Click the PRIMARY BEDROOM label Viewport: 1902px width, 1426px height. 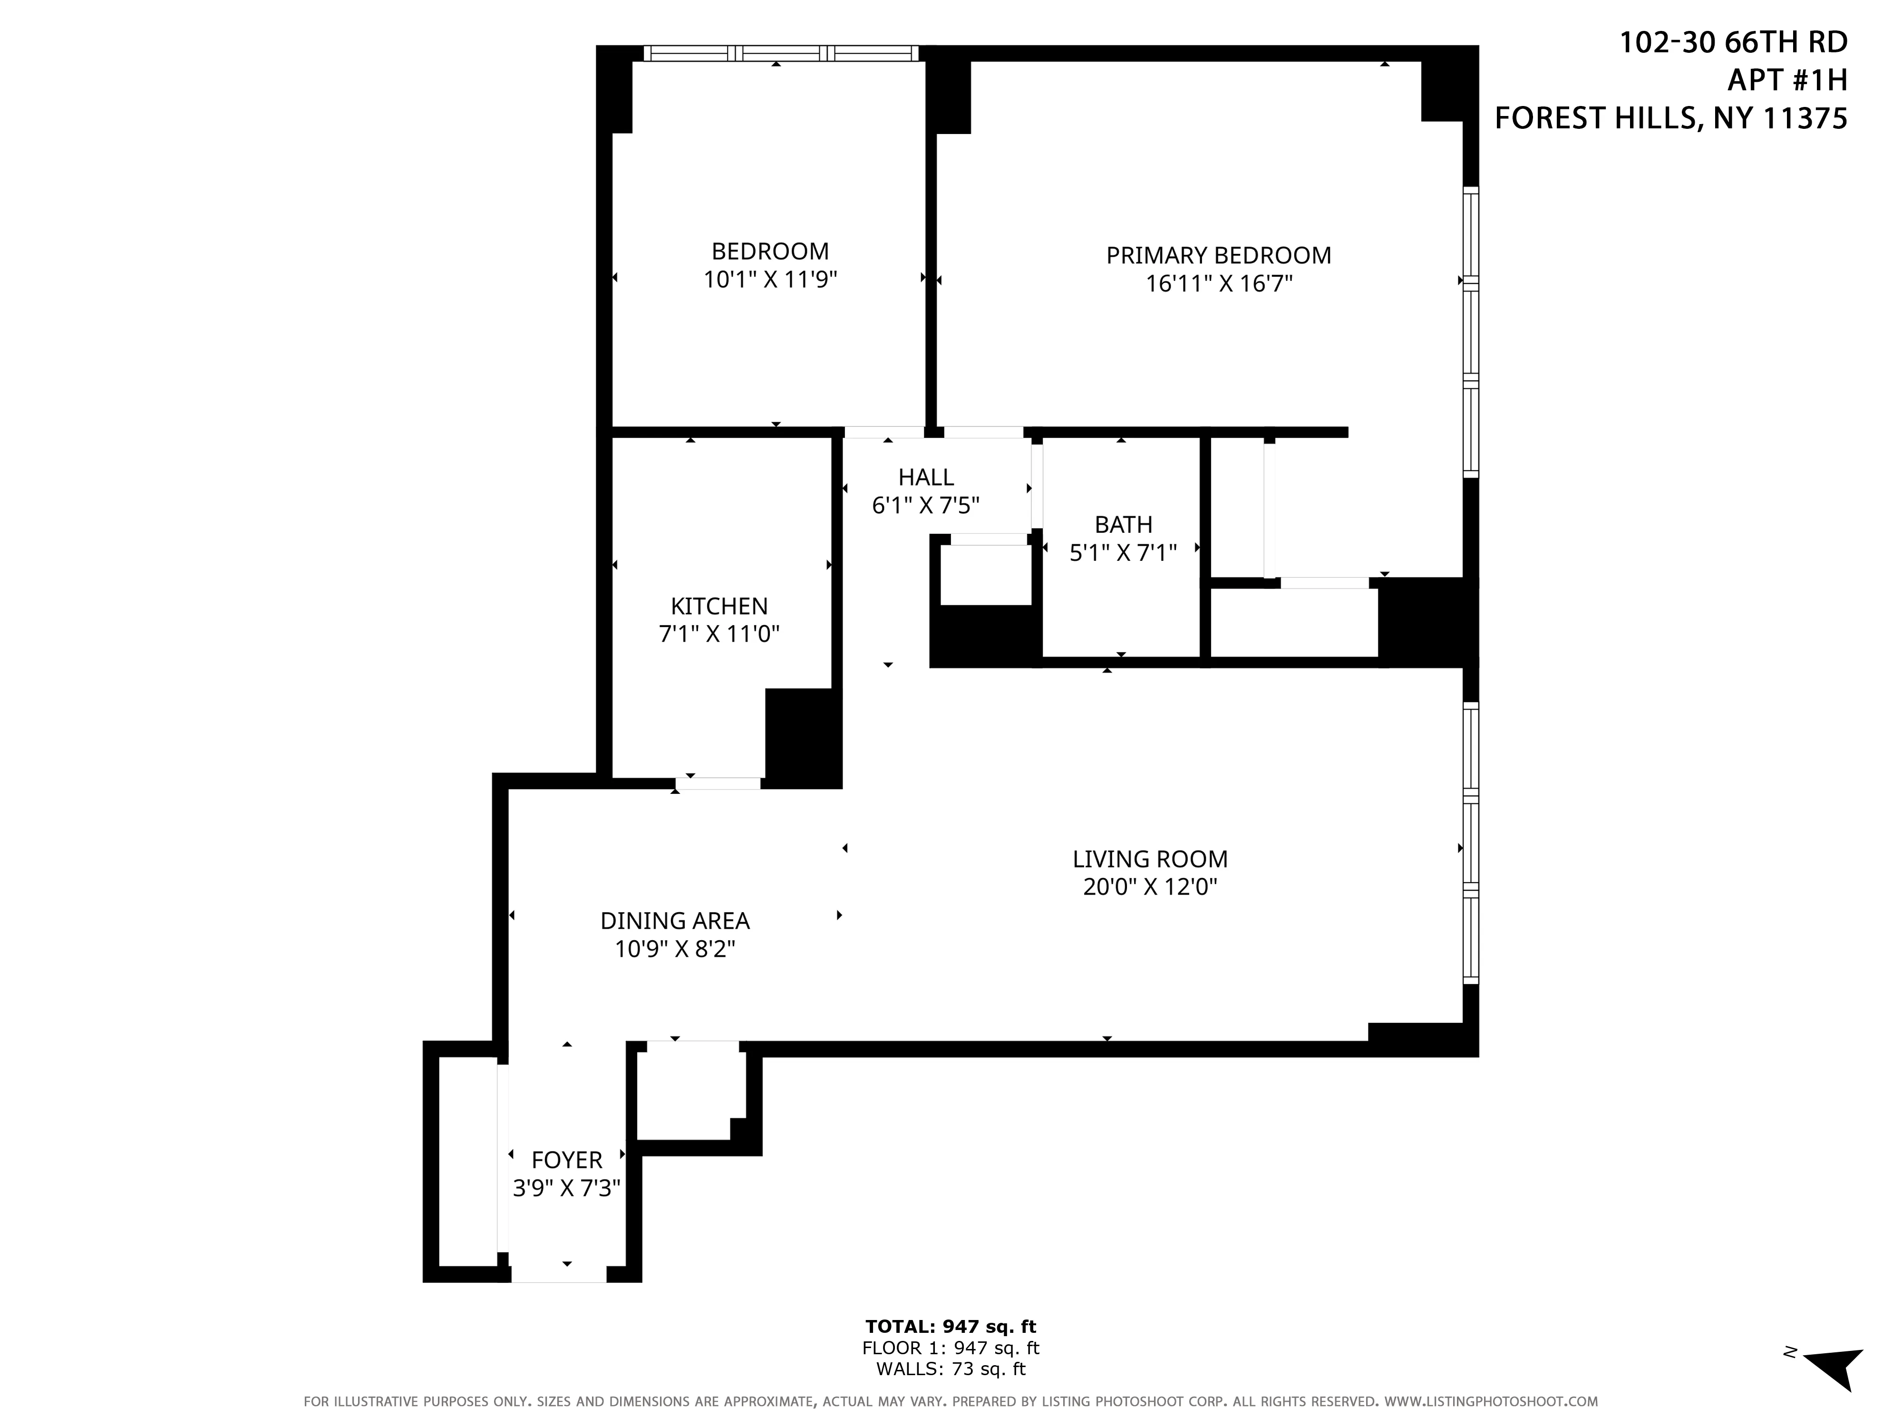click(1218, 255)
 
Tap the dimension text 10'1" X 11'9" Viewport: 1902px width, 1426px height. click(769, 279)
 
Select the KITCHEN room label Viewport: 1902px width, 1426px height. click(719, 606)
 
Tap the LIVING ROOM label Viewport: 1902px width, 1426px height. click(1150, 859)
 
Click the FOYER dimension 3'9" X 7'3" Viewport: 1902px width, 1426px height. click(566, 1188)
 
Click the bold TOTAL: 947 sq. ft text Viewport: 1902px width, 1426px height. click(950, 1326)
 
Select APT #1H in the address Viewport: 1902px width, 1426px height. click(1787, 80)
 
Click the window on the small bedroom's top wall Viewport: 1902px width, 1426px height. click(781, 53)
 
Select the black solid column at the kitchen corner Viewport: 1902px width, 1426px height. click(802, 738)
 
